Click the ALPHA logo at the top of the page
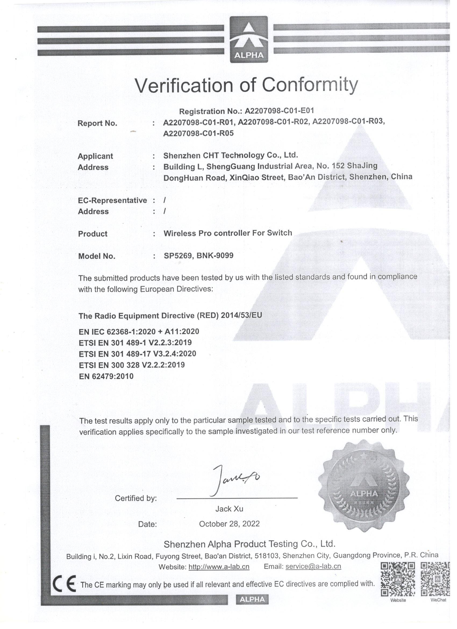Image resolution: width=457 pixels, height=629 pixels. point(249,39)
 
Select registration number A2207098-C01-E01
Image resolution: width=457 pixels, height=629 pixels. point(279,111)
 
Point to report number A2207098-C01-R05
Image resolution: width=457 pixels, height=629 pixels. point(198,133)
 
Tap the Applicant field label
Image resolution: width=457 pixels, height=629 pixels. point(95,156)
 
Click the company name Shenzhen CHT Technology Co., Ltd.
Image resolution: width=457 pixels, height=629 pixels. point(230,155)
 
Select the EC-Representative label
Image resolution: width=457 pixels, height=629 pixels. point(112,200)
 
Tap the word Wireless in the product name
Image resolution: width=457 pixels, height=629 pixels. point(179,233)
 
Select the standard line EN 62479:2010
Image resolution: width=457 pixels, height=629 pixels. point(106,376)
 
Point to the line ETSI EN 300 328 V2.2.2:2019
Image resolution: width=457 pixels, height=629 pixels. point(132,365)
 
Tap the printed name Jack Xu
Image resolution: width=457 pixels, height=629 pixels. point(229,509)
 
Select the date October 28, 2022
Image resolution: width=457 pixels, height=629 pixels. point(229,524)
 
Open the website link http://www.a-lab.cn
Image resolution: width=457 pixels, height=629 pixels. point(219,567)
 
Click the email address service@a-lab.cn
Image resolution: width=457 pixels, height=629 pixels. point(313,566)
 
